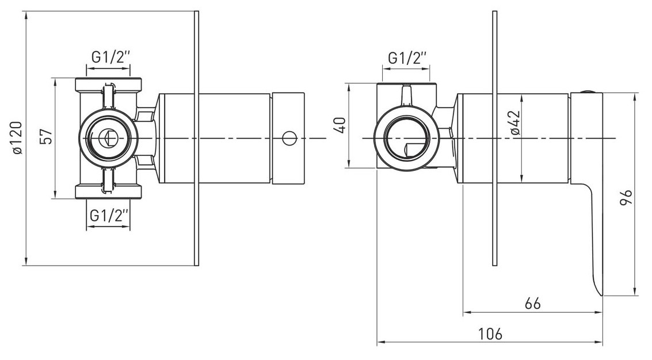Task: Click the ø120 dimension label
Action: (17, 138)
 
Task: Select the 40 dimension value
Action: (340, 125)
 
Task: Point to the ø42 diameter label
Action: (515, 122)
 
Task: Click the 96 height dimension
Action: (626, 197)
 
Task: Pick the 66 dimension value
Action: (533, 303)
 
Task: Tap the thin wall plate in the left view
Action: (197, 138)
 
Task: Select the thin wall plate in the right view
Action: (494, 138)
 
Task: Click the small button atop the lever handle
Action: (586, 91)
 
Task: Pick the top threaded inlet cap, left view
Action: (108, 85)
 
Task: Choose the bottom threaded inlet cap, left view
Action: (108, 192)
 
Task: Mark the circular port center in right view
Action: (406, 137)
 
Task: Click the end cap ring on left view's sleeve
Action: (288, 138)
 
